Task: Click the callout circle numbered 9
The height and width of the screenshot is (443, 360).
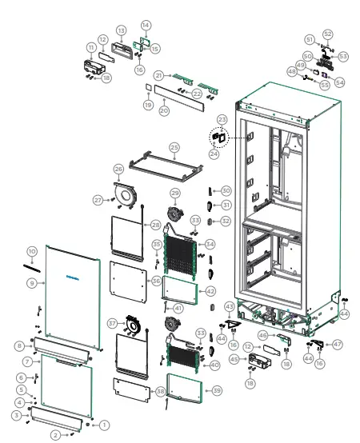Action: click(x=31, y=283)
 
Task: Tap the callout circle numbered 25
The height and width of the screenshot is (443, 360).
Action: click(x=174, y=147)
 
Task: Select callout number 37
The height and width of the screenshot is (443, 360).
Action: click(x=113, y=323)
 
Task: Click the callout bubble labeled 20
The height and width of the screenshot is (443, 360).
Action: click(x=164, y=110)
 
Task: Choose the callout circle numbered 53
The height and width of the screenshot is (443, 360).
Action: click(x=343, y=56)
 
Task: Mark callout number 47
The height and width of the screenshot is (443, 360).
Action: click(x=338, y=344)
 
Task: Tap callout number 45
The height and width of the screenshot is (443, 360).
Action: click(x=234, y=359)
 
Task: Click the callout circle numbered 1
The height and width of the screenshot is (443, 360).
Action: click(x=104, y=425)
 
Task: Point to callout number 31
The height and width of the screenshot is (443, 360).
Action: click(x=226, y=206)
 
